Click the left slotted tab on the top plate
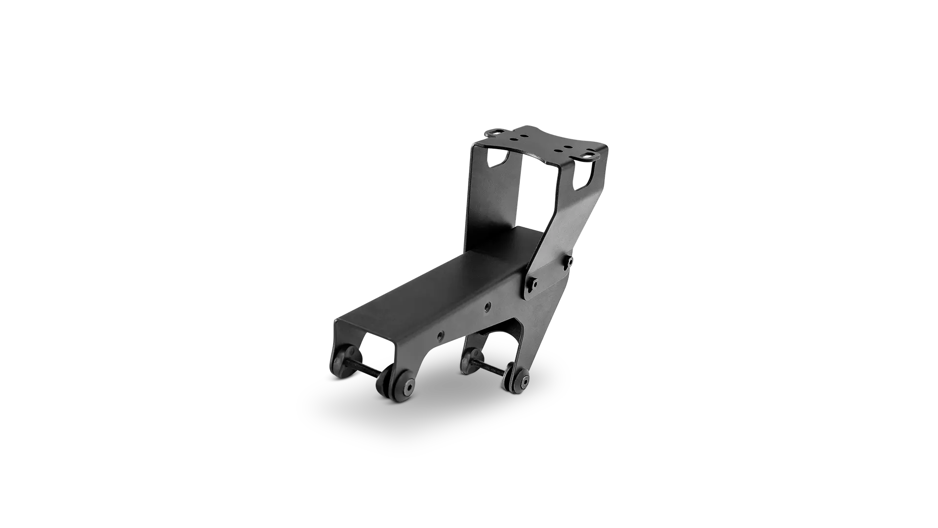pos(497,131)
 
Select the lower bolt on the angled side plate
pos(534,283)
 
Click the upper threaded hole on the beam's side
pos(487,308)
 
